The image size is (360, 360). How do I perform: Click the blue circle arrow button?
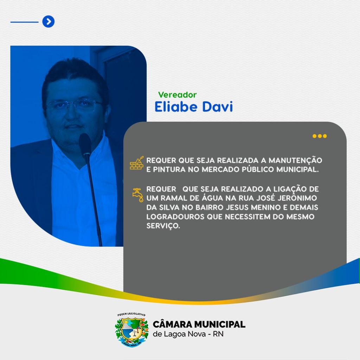point(49,21)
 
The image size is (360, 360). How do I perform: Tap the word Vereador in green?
point(177,95)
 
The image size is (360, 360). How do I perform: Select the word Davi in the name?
point(217,107)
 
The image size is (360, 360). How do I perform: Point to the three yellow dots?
point(320,136)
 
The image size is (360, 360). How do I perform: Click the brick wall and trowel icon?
point(137,163)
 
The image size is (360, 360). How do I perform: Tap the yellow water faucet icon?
point(138,195)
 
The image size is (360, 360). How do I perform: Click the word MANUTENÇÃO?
point(295,160)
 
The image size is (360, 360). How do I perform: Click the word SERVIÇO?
point(163,226)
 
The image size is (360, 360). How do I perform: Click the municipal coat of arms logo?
point(131,329)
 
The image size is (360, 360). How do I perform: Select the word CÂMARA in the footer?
point(172,324)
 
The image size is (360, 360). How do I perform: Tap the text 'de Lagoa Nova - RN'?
point(188,334)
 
